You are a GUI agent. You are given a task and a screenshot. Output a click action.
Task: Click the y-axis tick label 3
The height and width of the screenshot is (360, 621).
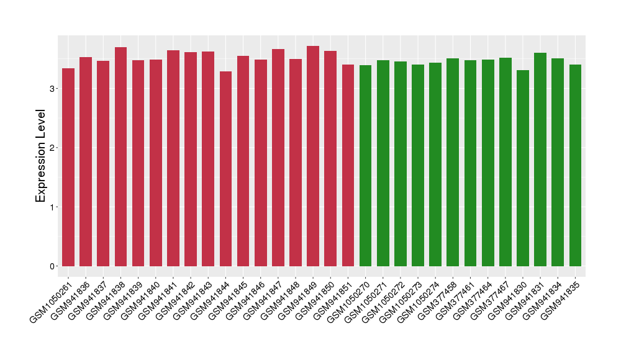pos(52,89)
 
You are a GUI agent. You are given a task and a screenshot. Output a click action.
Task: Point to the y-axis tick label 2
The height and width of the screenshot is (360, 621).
pos(52,148)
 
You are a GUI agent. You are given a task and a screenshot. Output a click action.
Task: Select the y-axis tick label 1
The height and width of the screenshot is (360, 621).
pos(52,207)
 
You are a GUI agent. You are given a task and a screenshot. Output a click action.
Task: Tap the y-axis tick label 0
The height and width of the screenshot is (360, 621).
pos(52,266)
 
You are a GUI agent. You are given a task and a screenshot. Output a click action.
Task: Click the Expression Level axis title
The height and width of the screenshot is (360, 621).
pos(41,156)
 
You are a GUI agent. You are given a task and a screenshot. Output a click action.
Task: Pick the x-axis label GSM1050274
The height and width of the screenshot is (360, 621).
pos(420,302)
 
